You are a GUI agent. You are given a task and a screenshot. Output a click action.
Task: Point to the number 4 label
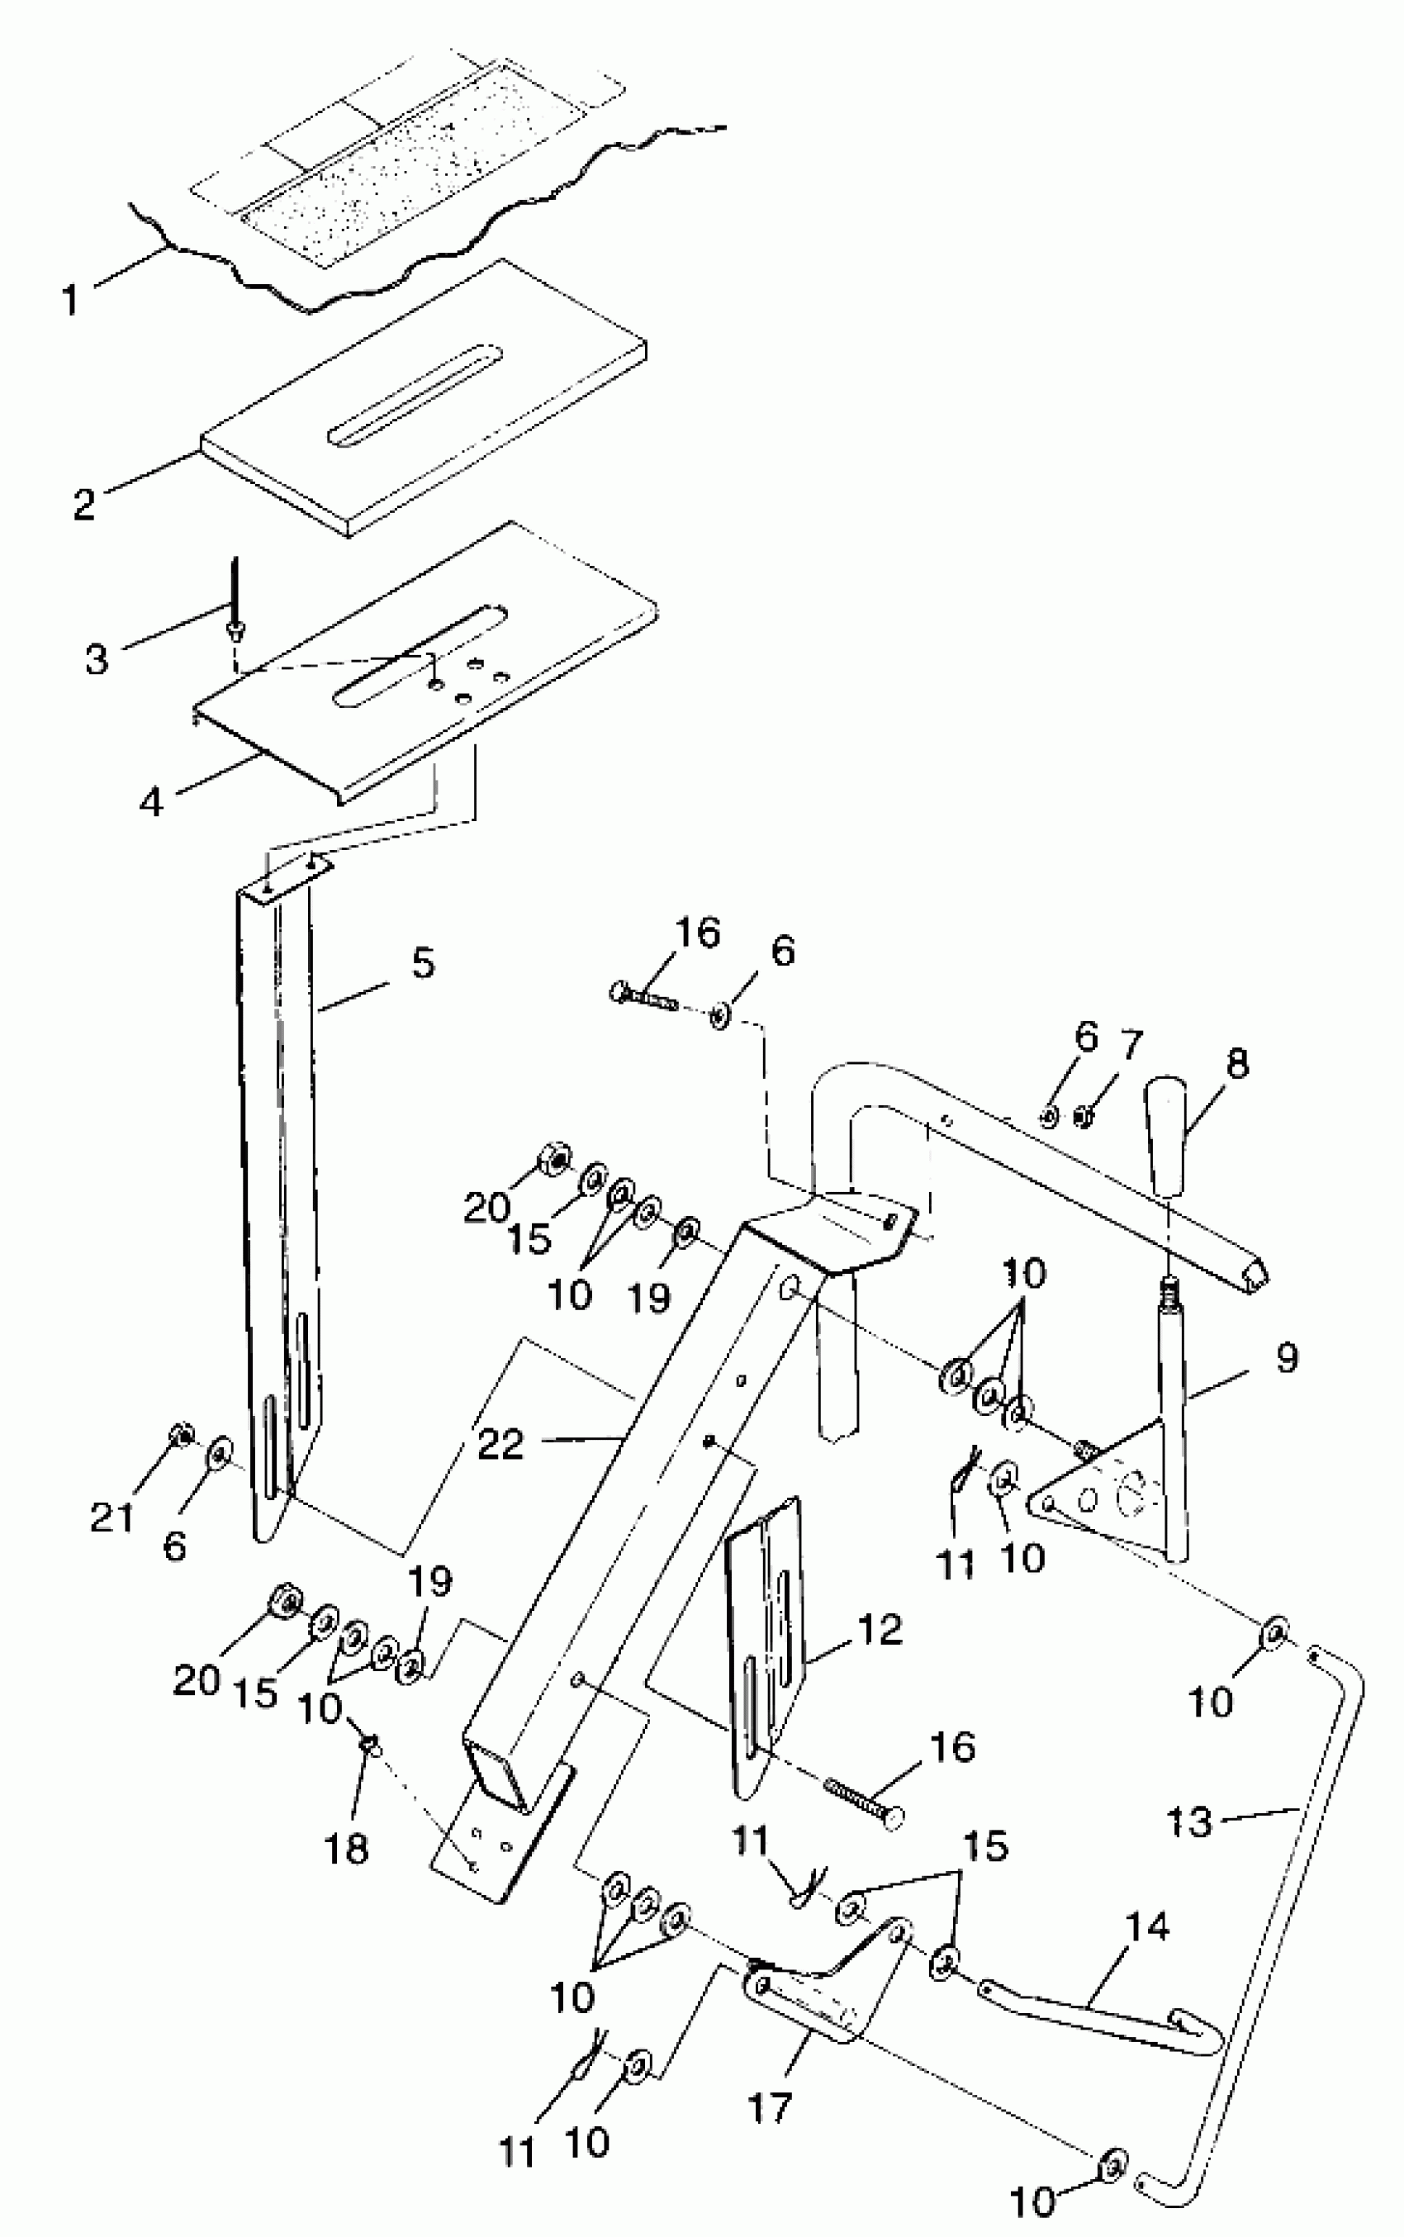point(151,801)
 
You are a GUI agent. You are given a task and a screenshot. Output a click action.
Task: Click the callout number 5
point(423,963)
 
